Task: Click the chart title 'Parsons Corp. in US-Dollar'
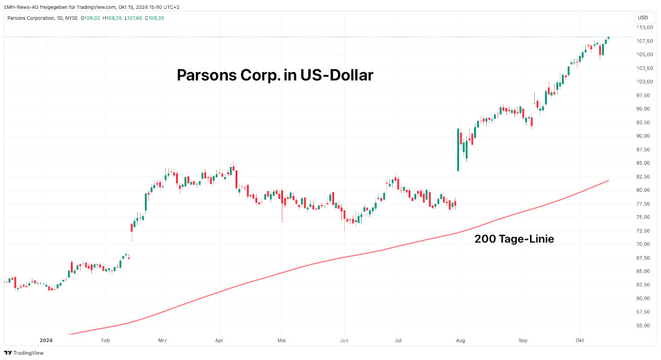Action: click(x=275, y=76)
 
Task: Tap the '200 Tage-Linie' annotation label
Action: click(x=514, y=239)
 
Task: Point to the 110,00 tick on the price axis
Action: click(x=645, y=28)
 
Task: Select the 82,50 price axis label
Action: click(x=645, y=177)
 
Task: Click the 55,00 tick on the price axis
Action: click(x=645, y=326)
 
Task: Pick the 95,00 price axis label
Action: click(x=645, y=109)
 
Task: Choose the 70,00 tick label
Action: click(x=645, y=245)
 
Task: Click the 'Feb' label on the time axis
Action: click(x=106, y=341)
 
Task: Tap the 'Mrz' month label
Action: click(x=162, y=341)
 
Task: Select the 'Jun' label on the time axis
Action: click(x=344, y=341)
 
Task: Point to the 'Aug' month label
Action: click(x=461, y=341)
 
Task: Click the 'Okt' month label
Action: click(x=580, y=341)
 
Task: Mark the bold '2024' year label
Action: click(x=46, y=341)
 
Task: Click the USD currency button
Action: click(x=644, y=17)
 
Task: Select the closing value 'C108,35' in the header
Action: click(x=154, y=18)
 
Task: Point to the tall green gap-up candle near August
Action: click(x=458, y=150)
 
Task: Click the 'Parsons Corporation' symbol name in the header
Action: click(x=30, y=18)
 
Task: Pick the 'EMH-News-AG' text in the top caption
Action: click(x=21, y=7)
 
